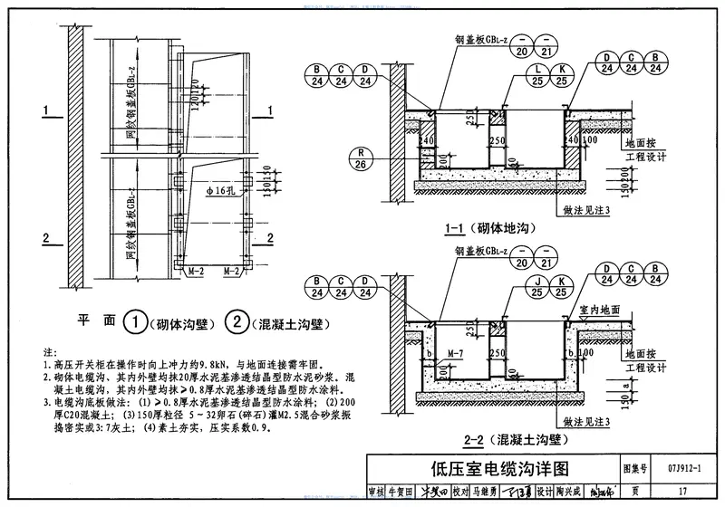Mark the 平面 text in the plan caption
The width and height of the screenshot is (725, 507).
click(94, 321)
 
